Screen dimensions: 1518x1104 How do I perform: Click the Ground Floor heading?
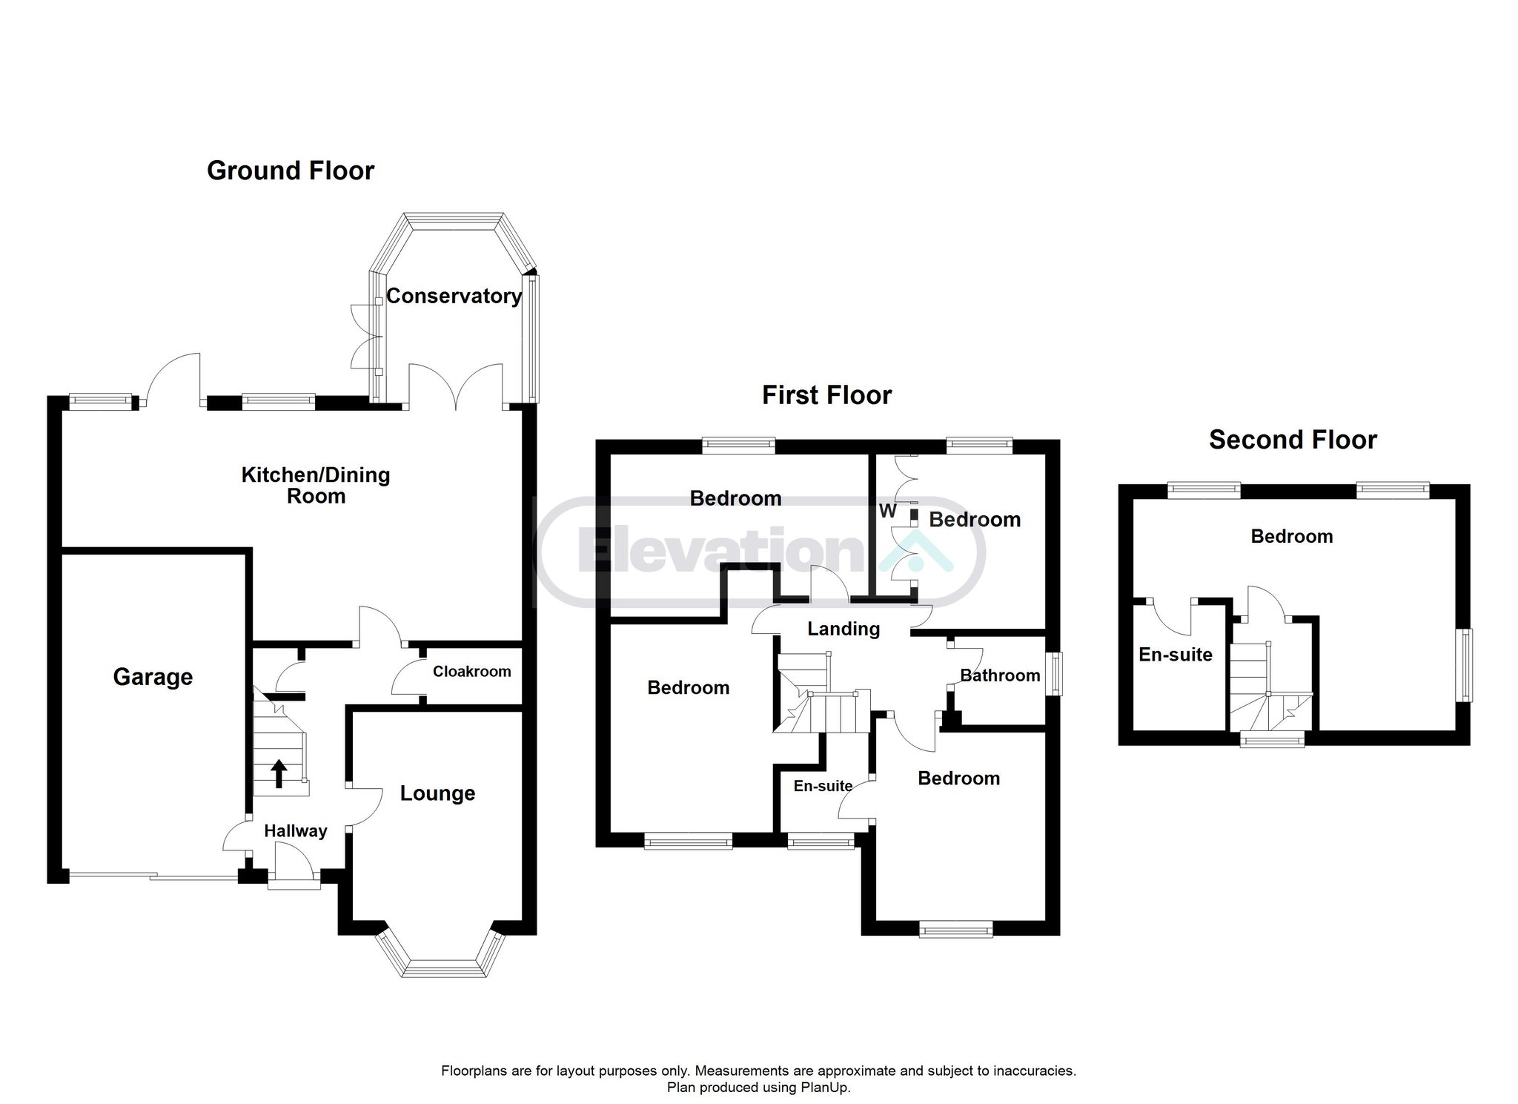291,171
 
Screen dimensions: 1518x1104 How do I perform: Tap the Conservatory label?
454,297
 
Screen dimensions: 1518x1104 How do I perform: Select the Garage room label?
153,677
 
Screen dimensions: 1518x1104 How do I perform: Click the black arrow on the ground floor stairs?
279,773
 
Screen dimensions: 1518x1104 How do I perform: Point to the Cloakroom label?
472,672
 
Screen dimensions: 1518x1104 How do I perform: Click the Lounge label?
437,794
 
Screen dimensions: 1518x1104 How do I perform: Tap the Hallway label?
296,831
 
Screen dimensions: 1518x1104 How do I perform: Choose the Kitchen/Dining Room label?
316,486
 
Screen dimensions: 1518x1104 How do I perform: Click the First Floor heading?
826,395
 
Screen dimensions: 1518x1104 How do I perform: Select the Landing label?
843,629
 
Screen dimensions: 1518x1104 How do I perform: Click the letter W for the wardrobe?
887,512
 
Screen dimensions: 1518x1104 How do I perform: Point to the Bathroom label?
1000,675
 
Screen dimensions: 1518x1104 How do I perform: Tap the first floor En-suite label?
823,786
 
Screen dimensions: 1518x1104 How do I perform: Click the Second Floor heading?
1293,440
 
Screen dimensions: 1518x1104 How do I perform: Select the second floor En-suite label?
1176,655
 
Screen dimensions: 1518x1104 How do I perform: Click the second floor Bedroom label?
1291,537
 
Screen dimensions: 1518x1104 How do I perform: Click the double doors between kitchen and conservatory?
456,386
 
